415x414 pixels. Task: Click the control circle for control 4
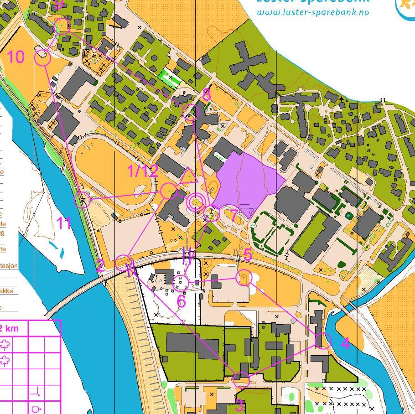pos(323,340)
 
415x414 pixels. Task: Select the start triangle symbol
pos(188,176)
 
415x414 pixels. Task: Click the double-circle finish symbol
pos(197,202)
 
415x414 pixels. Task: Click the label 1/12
pos(143,171)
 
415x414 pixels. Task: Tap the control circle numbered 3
pos(242,379)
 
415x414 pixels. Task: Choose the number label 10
pos(16,57)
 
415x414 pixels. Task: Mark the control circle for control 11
pos(83,200)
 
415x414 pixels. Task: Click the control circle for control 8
pos(191,112)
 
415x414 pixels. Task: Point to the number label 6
pos(181,301)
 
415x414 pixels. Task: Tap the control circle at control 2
pos(123,263)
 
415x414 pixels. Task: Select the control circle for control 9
pos(62,26)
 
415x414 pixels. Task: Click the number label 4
pos(345,343)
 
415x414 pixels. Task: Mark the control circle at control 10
pos(42,57)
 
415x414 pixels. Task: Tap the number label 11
pos(64,223)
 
